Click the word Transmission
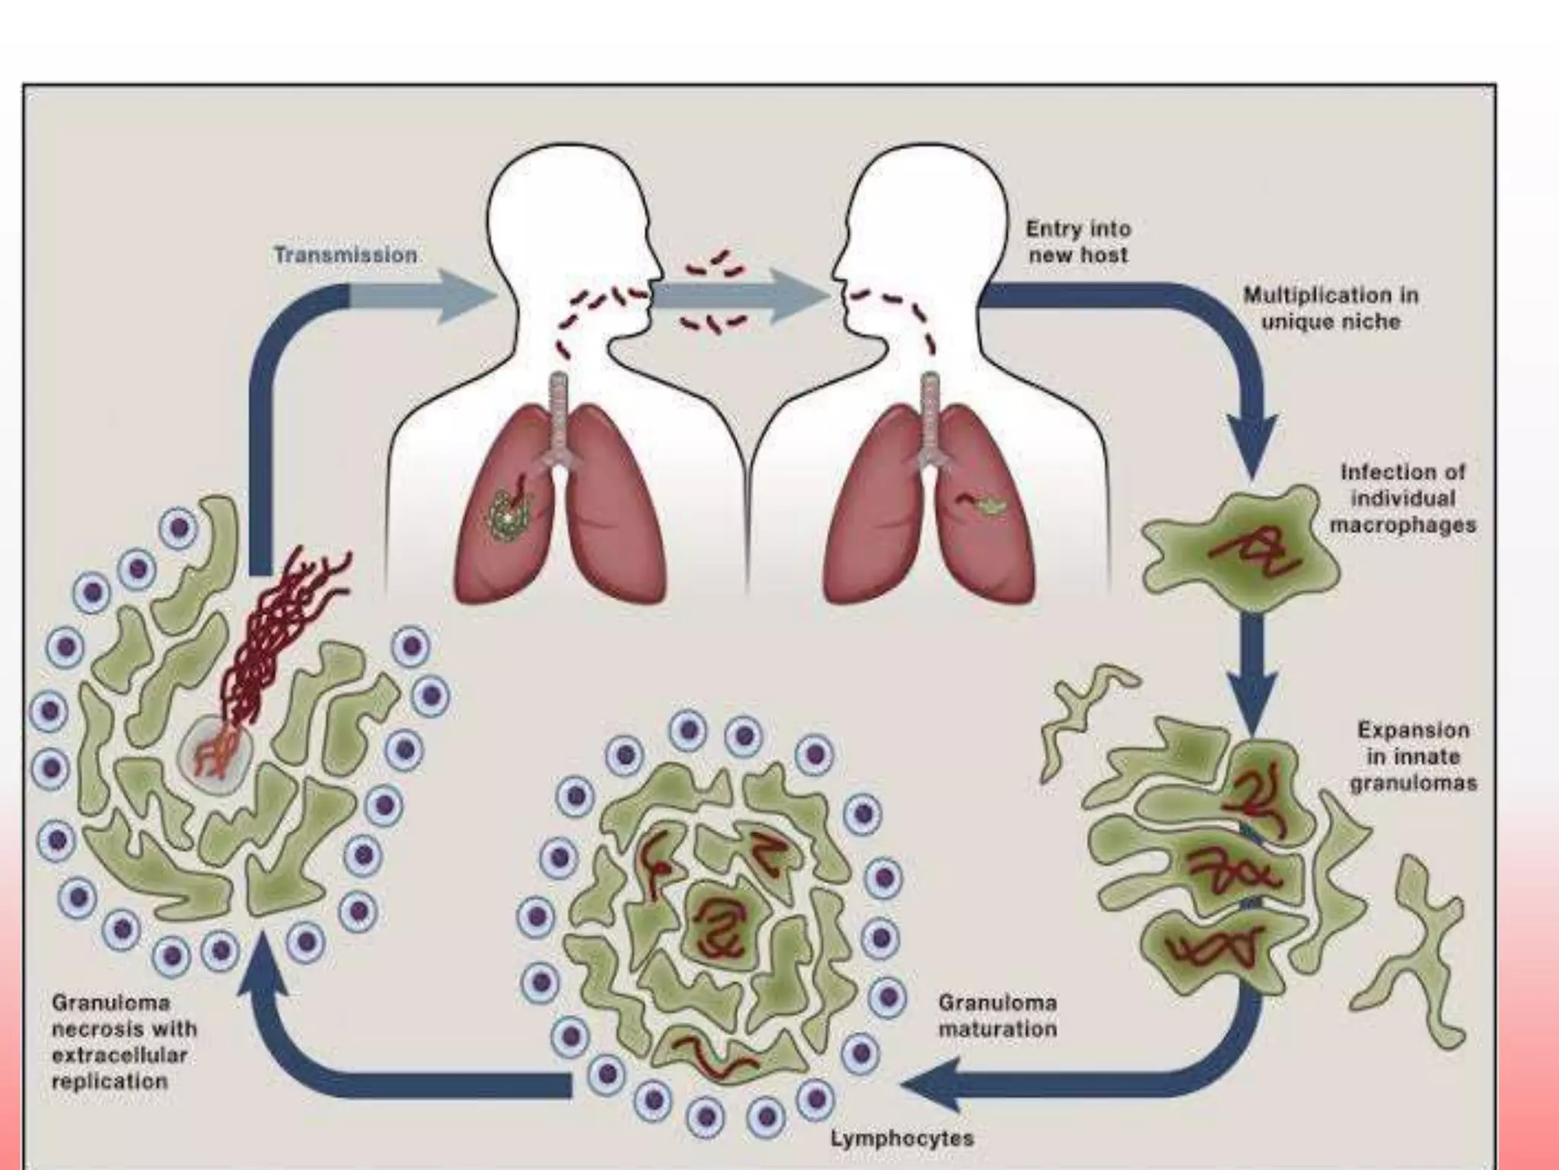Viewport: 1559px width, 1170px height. click(x=346, y=254)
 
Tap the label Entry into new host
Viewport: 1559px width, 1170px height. click(x=1078, y=241)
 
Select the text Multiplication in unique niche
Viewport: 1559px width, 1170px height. click(x=1331, y=308)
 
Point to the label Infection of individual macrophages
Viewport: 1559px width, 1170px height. click(x=1402, y=498)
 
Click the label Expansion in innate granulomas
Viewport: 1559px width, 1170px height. click(x=1414, y=756)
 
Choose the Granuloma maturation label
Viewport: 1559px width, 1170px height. click(x=997, y=1015)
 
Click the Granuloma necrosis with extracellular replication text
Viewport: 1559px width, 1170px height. click(x=124, y=1041)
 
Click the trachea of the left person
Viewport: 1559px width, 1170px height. click(x=560, y=411)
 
